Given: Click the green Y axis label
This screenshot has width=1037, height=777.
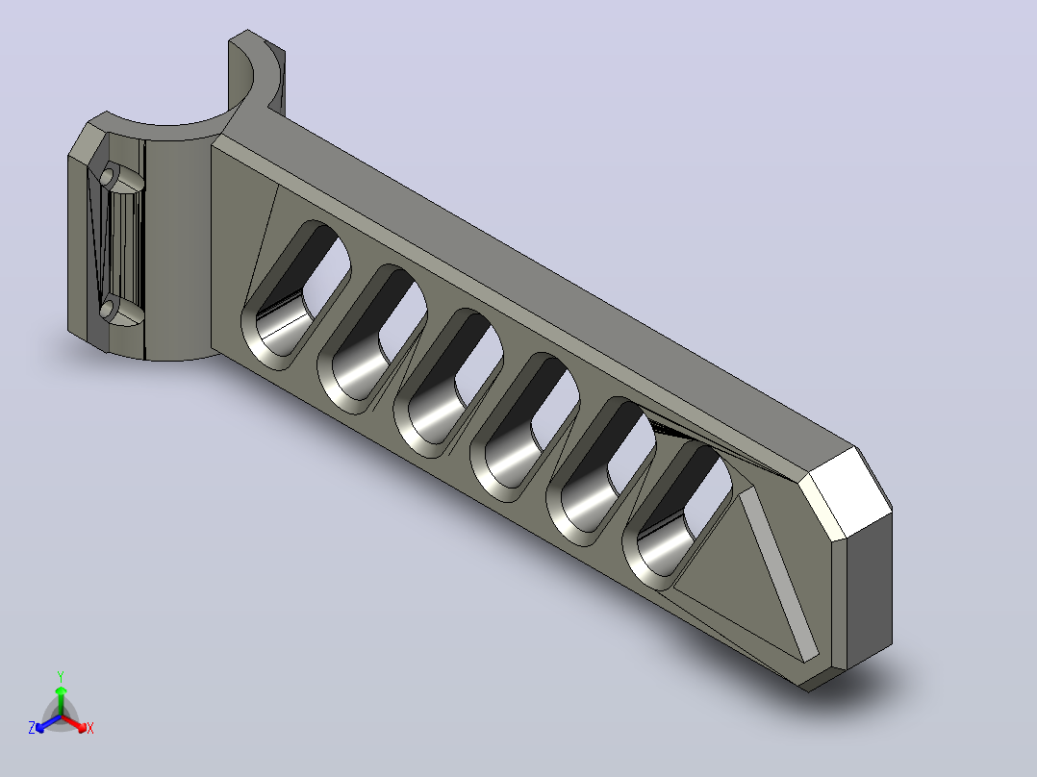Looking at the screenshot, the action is tap(61, 676).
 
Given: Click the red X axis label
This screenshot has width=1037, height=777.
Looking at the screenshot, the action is tap(90, 728).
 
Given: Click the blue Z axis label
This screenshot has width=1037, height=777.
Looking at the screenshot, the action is tap(32, 727).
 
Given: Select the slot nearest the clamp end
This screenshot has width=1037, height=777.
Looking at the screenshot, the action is tap(295, 295).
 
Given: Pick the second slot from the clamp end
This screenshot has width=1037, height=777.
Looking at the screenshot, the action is tap(371, 339).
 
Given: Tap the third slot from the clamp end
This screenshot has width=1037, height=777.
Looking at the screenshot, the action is tap(448, 383).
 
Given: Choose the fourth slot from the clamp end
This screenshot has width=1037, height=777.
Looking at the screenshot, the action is tap(524, 427).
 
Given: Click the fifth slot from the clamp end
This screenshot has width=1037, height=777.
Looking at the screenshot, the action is tap(600, 471).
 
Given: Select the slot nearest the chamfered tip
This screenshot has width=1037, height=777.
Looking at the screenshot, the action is tap(677, 515).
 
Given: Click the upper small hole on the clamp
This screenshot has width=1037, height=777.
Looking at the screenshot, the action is tap(107, 177).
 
